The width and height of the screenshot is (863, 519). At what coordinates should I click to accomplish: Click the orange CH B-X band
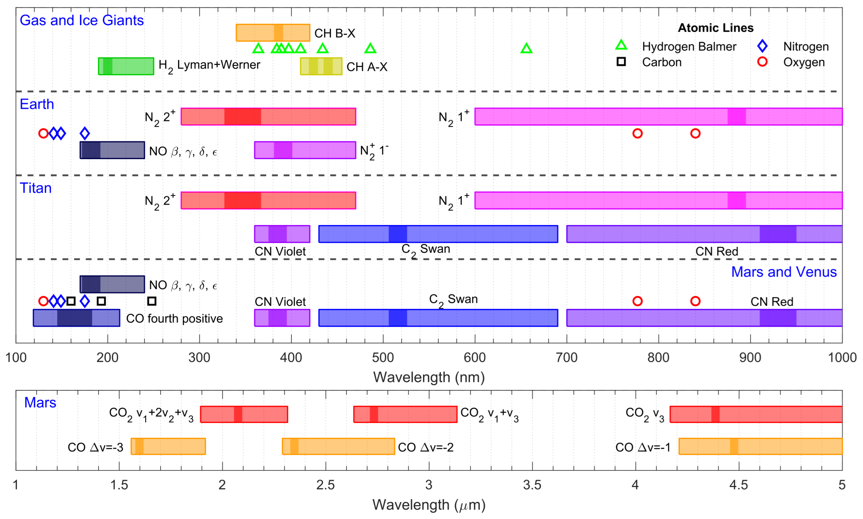click(x=273, y=33)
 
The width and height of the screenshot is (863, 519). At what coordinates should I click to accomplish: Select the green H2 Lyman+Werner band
click(x=126, y=66)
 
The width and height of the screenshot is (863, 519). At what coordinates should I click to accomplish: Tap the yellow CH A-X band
click(x=321, y=66)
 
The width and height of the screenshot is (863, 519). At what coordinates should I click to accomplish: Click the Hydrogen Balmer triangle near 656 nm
click(x=526, y=48)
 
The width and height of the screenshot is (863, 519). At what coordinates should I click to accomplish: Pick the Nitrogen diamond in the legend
click(x=762, y=46)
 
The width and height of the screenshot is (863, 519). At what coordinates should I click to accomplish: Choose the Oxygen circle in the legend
click(x=762, y=62)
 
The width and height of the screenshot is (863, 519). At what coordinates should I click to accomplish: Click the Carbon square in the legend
click(x=621, y=62)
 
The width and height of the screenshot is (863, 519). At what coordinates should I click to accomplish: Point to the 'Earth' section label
click(x=37, y=104)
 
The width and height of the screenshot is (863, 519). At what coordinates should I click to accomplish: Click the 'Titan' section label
click(x=36, y=188)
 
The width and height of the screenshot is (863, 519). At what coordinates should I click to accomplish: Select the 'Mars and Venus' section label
click(x=783, y=272)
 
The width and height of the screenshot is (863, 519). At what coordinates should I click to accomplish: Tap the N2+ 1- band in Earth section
click(x=305, y=150)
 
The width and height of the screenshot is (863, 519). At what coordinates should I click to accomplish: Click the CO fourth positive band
click(x=76, y=318)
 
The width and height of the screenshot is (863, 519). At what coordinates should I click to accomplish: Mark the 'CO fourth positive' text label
click(x=174, y=319)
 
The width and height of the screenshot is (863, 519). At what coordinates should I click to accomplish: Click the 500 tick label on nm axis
click(x=383, y=358)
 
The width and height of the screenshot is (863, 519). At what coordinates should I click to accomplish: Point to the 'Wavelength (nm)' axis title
click(x=429, y=377)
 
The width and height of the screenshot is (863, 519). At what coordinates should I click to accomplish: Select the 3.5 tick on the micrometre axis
click(x=532, y=485)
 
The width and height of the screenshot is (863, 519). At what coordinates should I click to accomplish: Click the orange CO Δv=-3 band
click(x=168, y=446)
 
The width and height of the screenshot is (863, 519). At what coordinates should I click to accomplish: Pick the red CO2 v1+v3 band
click(x=405, y=414)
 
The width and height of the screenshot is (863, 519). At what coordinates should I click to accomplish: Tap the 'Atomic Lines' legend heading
click(x=715, y=28)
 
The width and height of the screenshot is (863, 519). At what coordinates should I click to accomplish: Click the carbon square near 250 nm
click(x=152, y=301)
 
